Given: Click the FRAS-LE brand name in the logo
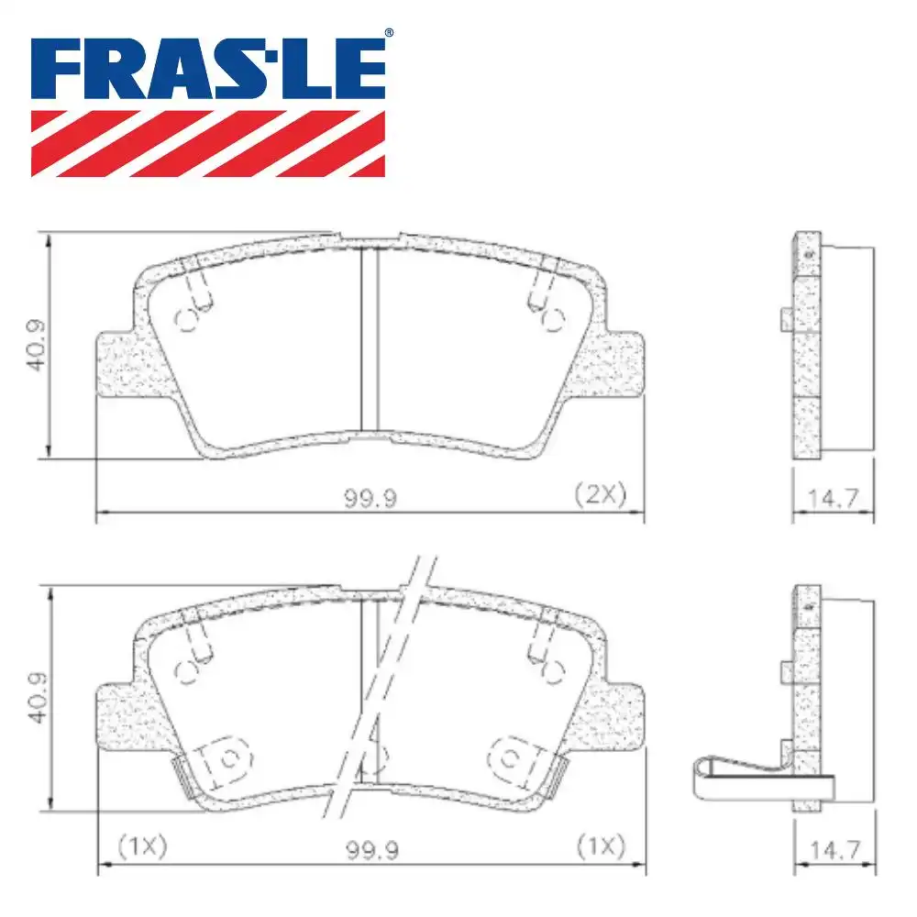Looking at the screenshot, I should coord(208,69).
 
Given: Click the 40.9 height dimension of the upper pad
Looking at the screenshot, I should coord(36,345).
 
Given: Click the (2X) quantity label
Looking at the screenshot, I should coord(599,496).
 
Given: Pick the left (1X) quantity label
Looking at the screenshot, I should coord(142,845).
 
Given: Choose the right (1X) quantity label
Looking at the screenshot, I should coord(599,845).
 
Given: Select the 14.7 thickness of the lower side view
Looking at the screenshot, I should coord(834,851).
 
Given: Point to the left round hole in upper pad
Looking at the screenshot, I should coord(187,319).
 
